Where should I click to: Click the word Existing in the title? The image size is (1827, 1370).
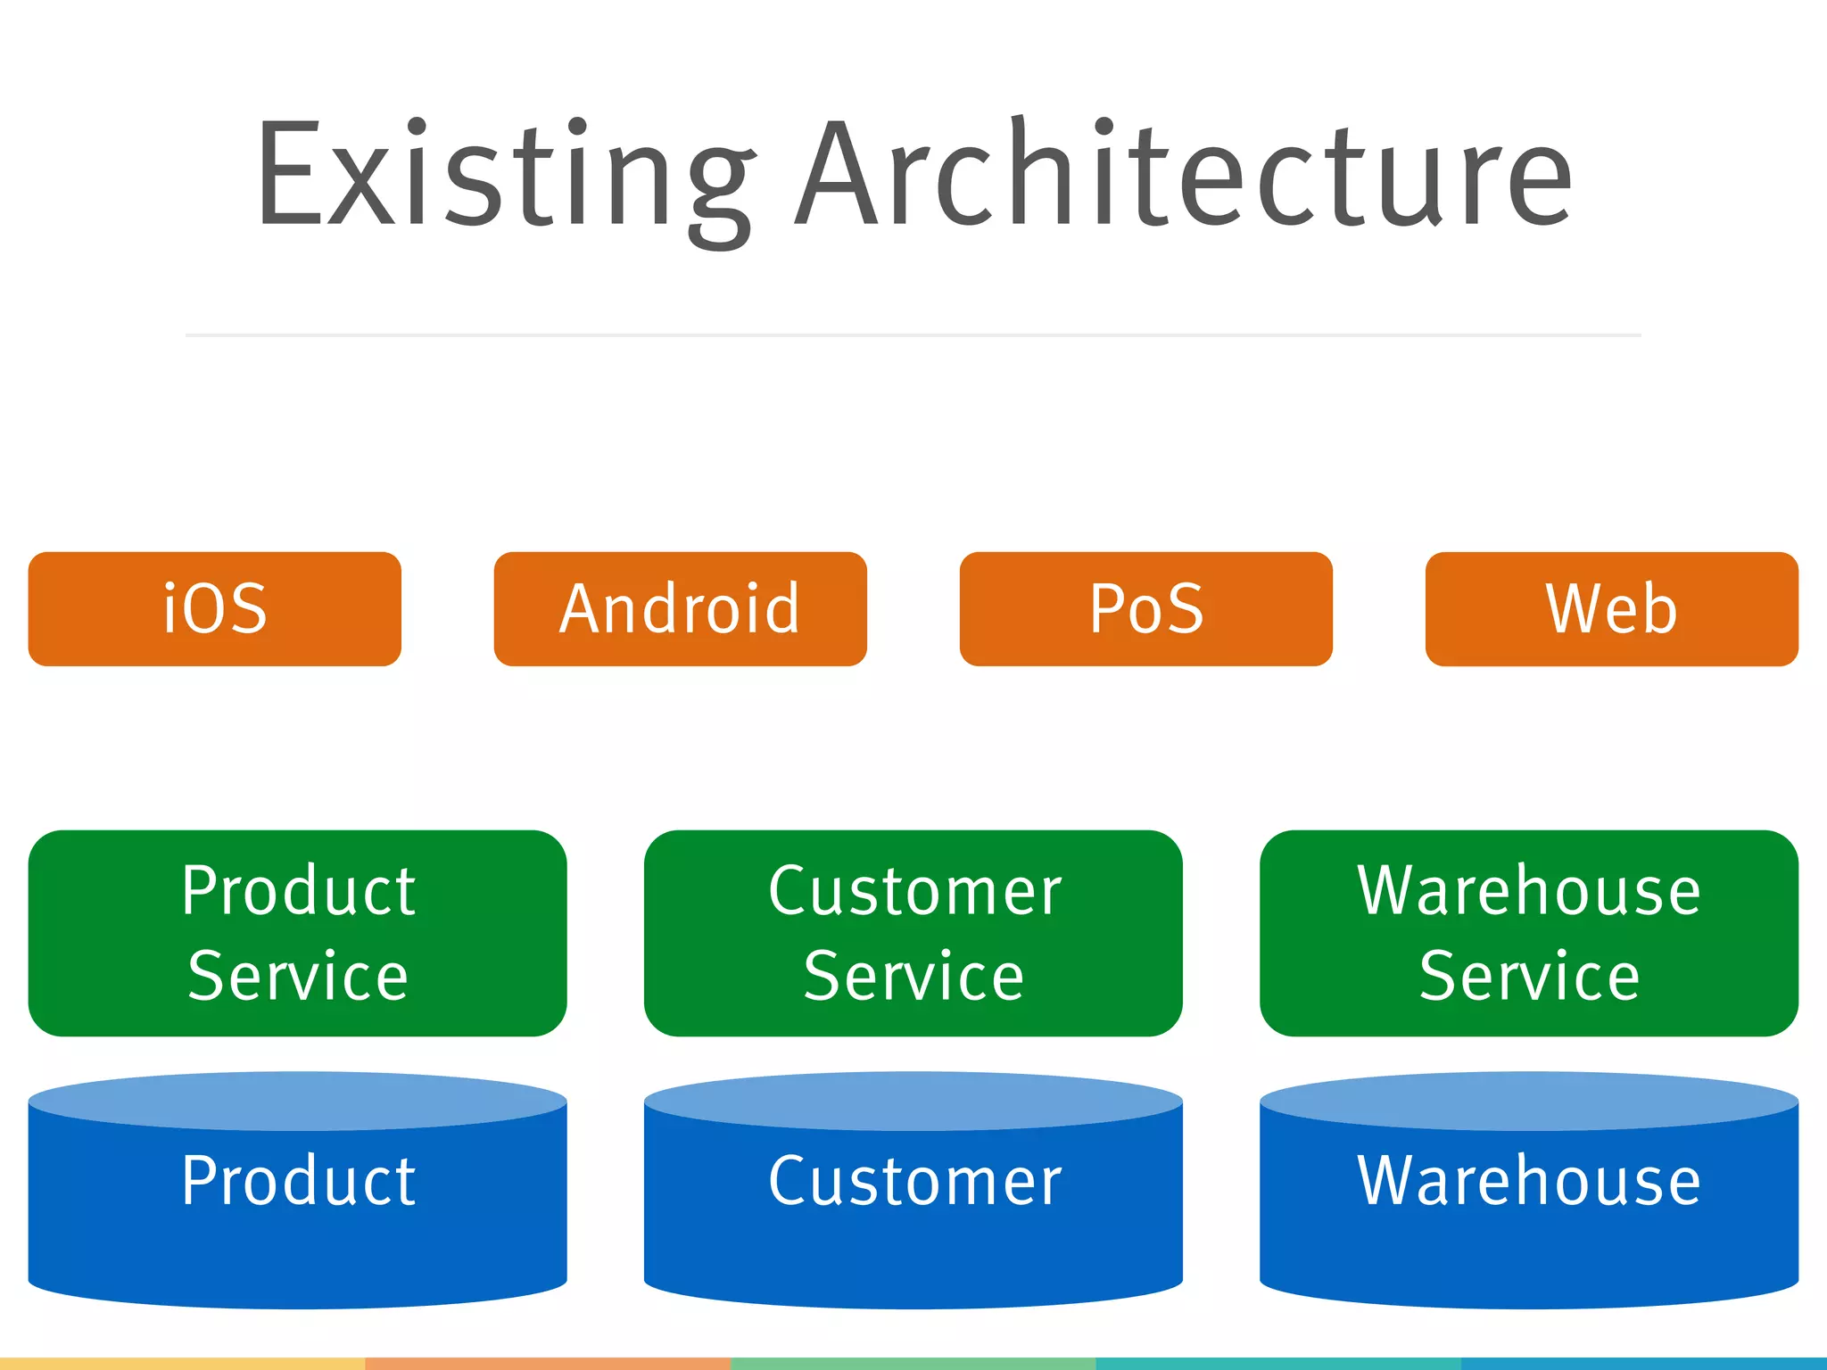[504, 174]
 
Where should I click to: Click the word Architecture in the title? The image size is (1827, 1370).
[1184, 174]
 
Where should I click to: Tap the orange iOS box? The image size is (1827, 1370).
[215, 609]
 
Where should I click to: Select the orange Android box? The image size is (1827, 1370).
[680, 609]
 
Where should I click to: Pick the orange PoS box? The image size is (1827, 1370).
[1146, 609]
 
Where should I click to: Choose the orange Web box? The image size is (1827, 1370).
[1611, 609]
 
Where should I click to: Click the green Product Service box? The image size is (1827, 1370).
[297, 933]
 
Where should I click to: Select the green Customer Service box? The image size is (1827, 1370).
[913, 933]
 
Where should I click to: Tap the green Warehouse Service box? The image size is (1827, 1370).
[1529, 933]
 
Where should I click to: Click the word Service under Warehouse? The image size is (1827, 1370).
[1529, 977]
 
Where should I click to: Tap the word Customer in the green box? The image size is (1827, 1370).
[915, 891]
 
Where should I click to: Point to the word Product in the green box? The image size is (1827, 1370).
[299, 891]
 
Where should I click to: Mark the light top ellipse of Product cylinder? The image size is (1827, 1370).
[297, 1101]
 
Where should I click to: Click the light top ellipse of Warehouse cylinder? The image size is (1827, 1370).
[1529, 1101]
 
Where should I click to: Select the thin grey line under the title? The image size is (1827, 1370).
[913, 335]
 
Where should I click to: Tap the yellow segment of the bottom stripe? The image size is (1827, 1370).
[182, 1364]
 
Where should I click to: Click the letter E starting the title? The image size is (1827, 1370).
[290, 174]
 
